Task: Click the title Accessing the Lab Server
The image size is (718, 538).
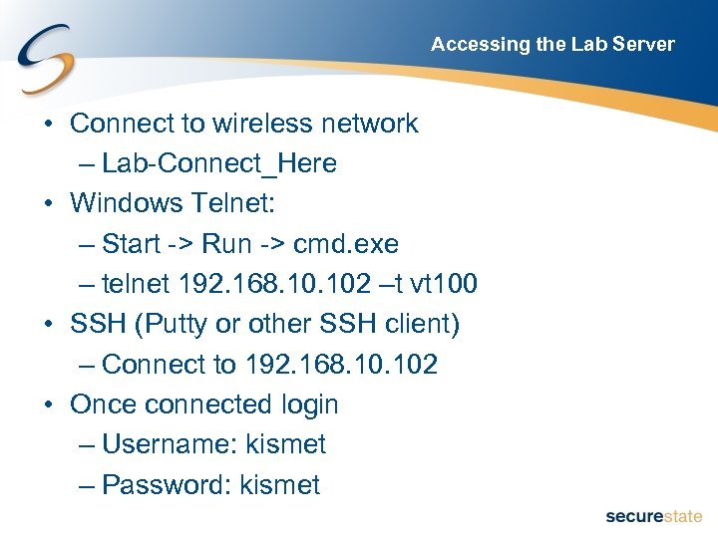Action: tap(552, 44)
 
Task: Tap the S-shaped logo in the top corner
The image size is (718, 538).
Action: tap(45, 61)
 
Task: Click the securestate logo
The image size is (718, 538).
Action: tap(653, 516)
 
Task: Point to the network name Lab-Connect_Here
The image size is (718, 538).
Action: tap(219, 163)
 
